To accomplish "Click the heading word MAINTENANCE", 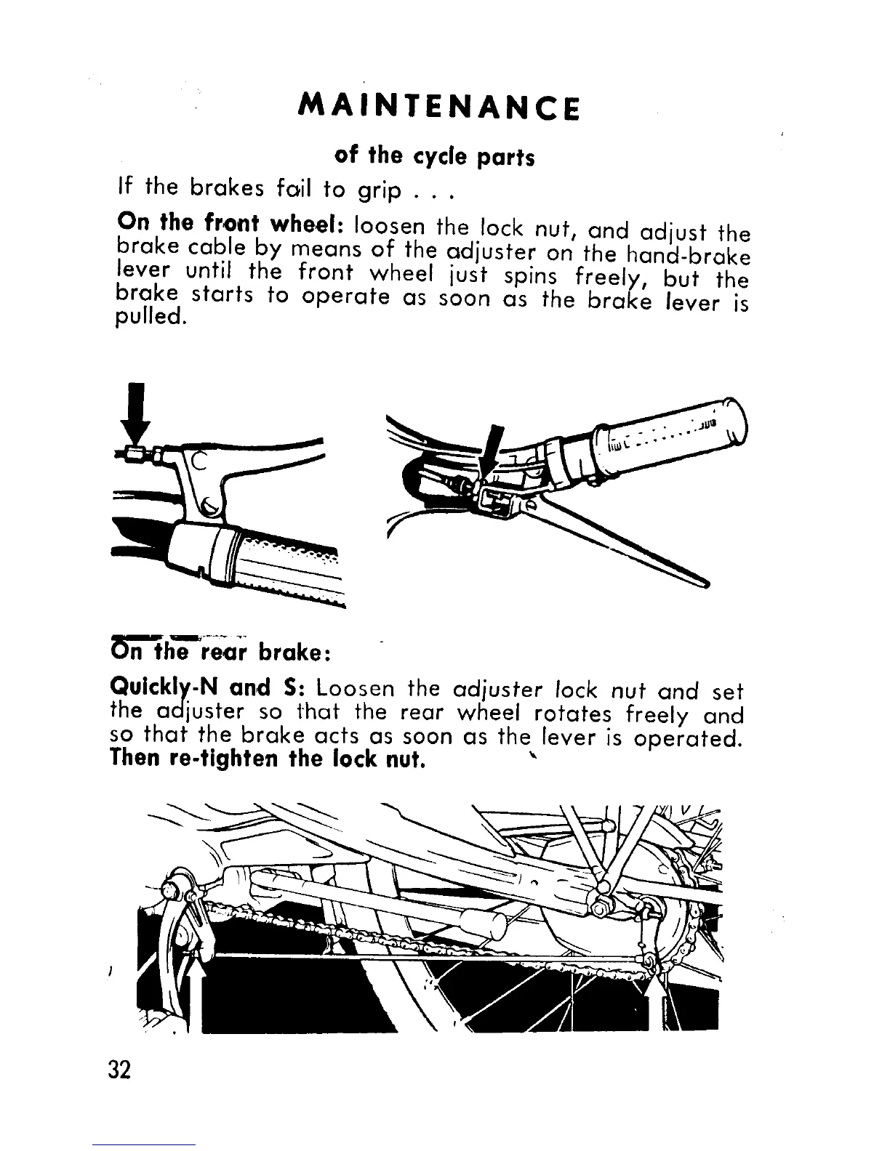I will [439, 107].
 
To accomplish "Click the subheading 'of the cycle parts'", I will [434, 156].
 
